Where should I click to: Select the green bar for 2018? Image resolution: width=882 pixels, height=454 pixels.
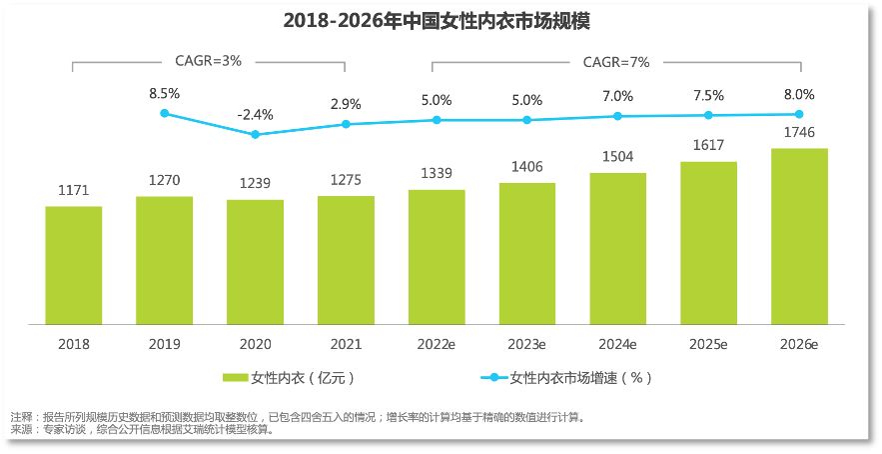click(x=73, y=265)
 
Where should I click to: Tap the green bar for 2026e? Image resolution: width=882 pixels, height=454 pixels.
click(x=799, y=236)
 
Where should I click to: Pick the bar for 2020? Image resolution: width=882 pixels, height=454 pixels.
click(x=255, y=262)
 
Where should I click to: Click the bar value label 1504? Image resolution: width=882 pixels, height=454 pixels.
click(x=617, y=157)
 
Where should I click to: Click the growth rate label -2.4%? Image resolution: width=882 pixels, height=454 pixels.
click(x=255, y=114)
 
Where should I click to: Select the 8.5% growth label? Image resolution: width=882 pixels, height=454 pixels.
click(x=164, y=93)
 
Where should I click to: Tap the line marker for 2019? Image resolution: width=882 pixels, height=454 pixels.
click(x=164, y=113)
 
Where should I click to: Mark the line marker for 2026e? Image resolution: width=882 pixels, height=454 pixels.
click(x=799, y=114)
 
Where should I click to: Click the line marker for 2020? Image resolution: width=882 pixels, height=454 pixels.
click(x=255, y=134)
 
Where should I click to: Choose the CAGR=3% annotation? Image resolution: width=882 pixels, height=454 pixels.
click(x=209, y=61)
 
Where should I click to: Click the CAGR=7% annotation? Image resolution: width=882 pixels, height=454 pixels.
click(x=616, y=61)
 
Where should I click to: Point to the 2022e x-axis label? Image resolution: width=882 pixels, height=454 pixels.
click(x=437, y=343)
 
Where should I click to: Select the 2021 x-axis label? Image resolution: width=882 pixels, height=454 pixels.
click(x=346, y=343)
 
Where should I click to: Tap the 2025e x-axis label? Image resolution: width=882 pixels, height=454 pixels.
click(x=708, y=343)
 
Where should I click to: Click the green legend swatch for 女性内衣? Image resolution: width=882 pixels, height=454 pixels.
click(x=234, y=378)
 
